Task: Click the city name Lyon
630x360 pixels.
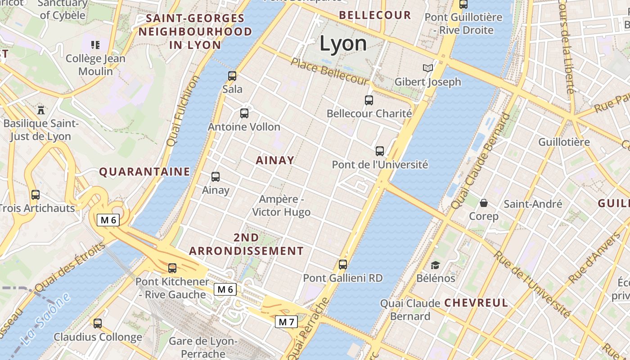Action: pyautogui.click(x=343, y=44)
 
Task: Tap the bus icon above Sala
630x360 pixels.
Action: pyautogui.click(x=232, y=76)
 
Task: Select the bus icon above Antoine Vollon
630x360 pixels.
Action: pyautogui.click(x=244, y=113)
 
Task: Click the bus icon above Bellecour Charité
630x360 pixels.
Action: pyautogui.click(x=369, y=100)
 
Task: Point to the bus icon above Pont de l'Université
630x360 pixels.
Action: pyautogui.click(x=380, y=151)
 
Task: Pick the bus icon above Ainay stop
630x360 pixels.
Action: pyautogui.click(x=216, y=177)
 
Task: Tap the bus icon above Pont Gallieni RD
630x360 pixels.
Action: pyautogui.click(x=343, y=265)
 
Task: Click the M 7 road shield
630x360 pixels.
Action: pyautogui.click(x=286, y=322)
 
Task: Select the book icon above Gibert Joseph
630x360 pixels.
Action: pyautogui.click(x=427, y=68)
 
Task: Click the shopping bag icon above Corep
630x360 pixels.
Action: pyautogui.click(x=484, y=203)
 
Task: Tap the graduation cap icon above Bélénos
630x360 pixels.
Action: pyautogui.click(x=435, y=265)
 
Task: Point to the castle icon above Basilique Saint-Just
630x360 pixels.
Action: pyautogui.click(x=41, y=109)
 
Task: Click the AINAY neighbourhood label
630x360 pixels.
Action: pyautogui.click(x=275, y=160)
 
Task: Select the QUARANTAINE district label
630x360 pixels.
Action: pyautogui.click(x=144, y=171)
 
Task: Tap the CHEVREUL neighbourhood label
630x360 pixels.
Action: pyautogui.click(x=476, y=303)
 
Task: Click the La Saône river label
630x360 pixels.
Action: pyautogui.click(x=45, y=319)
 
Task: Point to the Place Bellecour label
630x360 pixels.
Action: pyautogui.click(x=329, y=71)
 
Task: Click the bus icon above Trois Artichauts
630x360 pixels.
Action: pyautogui.click(x=36, y=195)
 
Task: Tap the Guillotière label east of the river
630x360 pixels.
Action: pyautogui.click(x=564, y=142)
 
